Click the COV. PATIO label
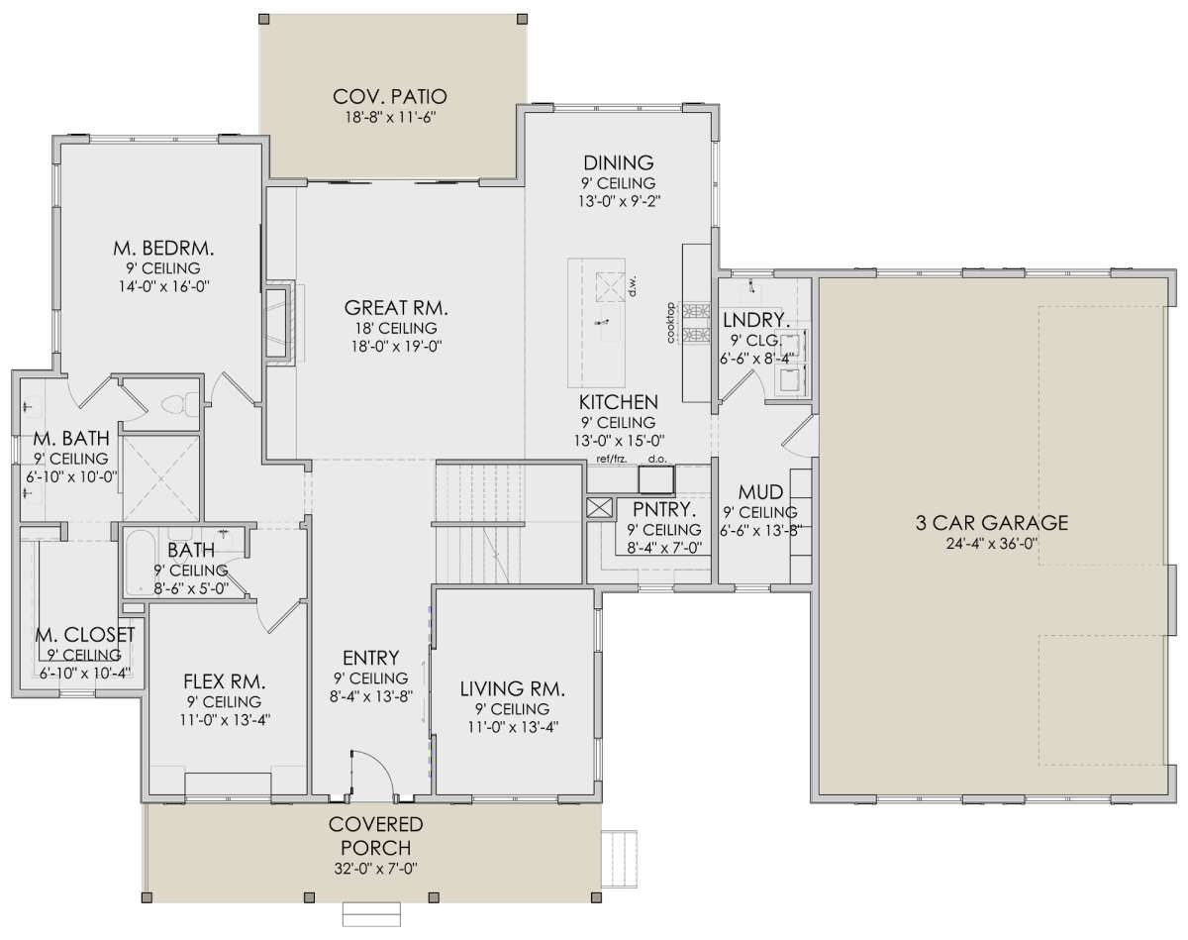(x=390, y=97)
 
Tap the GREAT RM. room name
(x=396, y=308)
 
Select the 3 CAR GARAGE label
(x=991, y=522)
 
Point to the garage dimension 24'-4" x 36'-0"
(x=992, y=544)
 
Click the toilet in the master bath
(x=179, y=405)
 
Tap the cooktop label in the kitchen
(x=671, y=323)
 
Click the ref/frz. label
(x=612, y=459)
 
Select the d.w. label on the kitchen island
(x=633, y=285)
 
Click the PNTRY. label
(x=664, y=509)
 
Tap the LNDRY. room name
(x=755, y=320)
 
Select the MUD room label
(x=760, y=492)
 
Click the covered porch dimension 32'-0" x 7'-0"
(x=375, y=869)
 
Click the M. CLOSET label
(x=85, y=635)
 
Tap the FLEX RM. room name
(x=224, y=681)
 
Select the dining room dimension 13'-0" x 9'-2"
(x=620, y=201)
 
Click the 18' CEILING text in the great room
(x=396, y=328)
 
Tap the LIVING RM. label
(x=513, y=688)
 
